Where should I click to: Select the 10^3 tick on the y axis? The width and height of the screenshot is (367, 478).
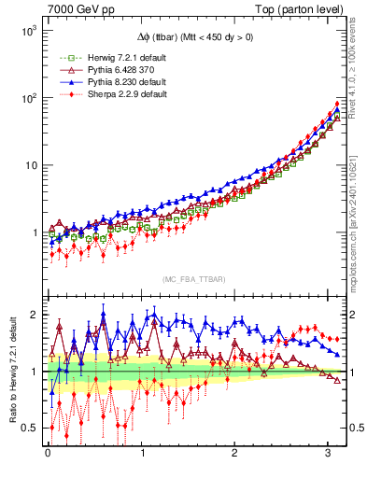tap(29, 31)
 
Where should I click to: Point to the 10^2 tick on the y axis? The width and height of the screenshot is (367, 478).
tap(29, 98)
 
